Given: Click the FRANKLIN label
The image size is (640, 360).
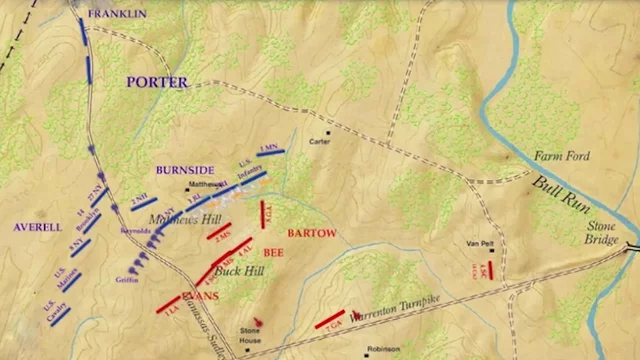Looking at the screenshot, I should coord(116,13).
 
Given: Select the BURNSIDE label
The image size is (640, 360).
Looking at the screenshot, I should coord(187,171).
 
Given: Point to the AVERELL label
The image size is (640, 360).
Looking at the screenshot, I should coord(38,227).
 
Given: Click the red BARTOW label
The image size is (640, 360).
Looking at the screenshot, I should coord(310,233).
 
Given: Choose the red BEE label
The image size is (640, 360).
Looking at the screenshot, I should coord(273,254).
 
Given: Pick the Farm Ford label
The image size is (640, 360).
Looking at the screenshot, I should coord(561,156).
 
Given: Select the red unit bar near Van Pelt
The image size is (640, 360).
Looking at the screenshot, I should coord(490,270).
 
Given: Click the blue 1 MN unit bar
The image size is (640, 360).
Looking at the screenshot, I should coord(270,153).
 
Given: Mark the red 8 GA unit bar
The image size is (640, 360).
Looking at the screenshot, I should coord(263,214).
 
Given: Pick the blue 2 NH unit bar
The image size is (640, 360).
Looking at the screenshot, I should coord(143,204).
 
